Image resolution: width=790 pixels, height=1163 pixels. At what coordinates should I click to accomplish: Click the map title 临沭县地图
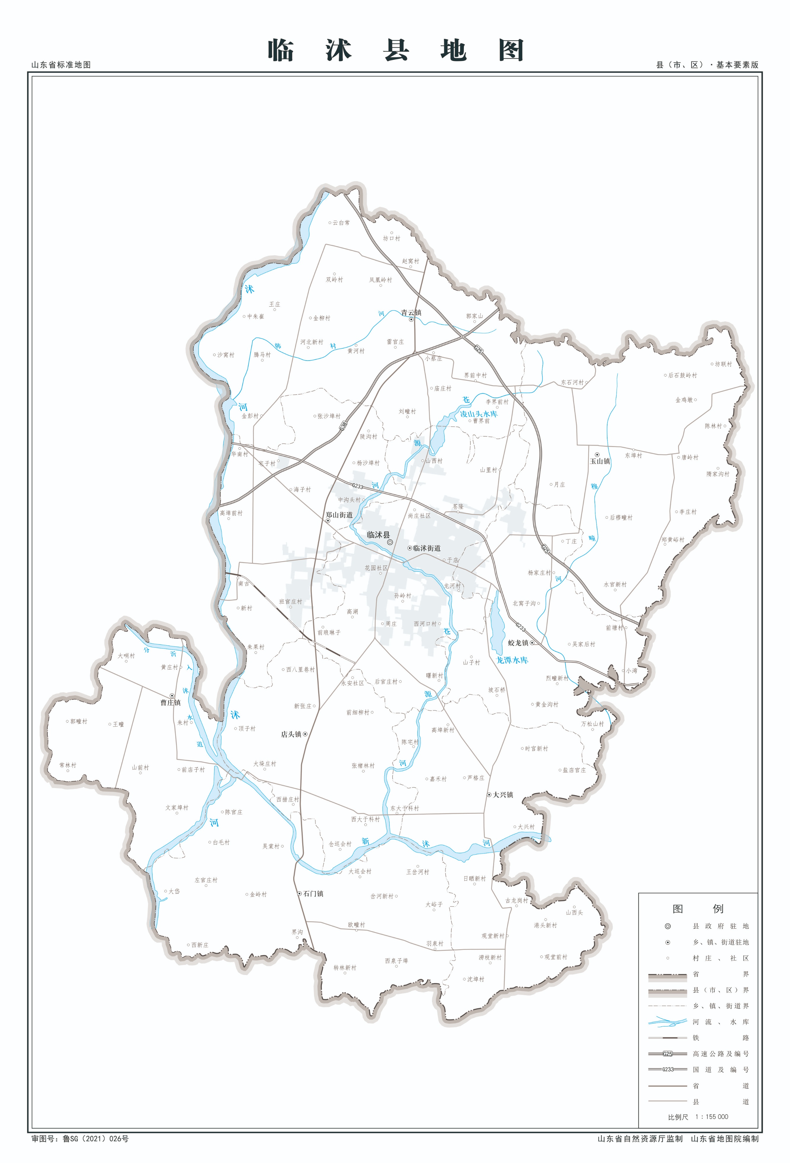tap(395, 51)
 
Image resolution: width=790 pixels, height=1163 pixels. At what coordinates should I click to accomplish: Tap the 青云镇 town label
tap(411, 313)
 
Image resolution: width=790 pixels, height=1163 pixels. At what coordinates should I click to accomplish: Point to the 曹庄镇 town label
tap(170, 703)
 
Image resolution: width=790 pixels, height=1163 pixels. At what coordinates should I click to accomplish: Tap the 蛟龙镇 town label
tap(518, 643)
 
